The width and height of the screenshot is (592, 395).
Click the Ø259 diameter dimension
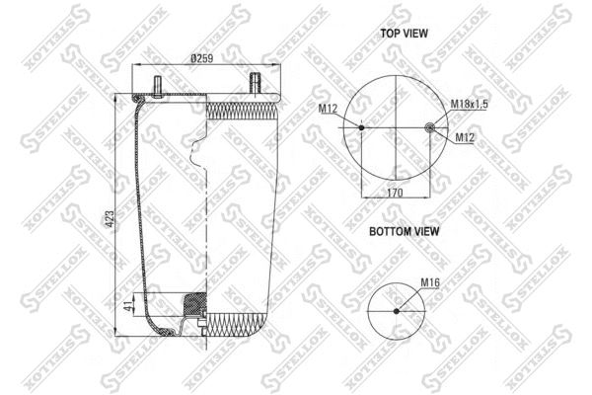(x=203, y=58)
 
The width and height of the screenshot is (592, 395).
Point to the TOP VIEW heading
(x=405, y=33)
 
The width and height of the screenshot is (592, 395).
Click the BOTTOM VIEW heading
(x=405, y=231)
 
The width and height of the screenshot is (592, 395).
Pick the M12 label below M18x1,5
(x=466, y=137)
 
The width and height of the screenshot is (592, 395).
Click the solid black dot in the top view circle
(x=361, y=127)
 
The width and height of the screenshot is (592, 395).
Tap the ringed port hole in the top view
(x=429, y=126)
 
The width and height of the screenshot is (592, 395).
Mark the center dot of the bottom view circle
(x=397, y=310)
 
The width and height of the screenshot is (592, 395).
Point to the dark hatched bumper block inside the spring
(x=193, y=302)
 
